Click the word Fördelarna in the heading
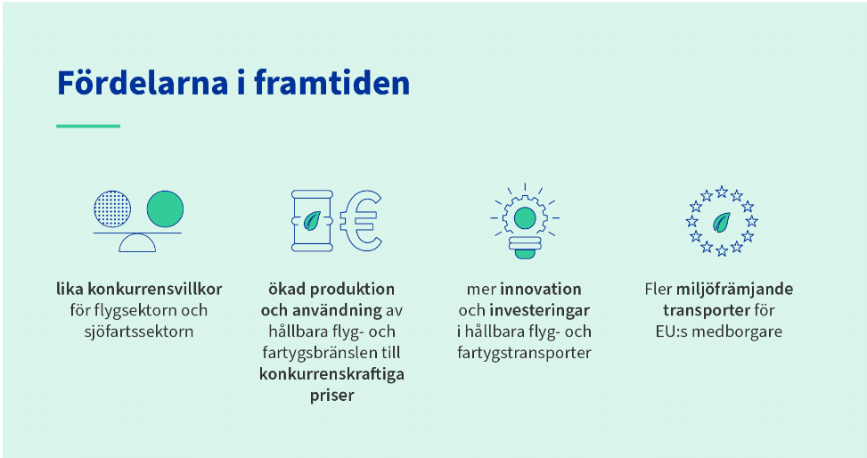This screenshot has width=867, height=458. (143, 82)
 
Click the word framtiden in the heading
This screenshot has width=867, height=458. (331, 82)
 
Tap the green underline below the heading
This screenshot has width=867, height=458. (88, 127)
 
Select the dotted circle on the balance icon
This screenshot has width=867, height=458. (113, 209)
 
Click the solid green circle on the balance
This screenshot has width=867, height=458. (165, 209)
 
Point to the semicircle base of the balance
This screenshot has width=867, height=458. (137, 242)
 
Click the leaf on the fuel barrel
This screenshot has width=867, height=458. (313, 221)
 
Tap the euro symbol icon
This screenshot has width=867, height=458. (361, 221)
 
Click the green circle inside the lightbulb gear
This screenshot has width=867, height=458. (525, 218)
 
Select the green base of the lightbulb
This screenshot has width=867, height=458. (525, 254)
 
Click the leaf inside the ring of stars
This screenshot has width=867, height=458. (721, 223)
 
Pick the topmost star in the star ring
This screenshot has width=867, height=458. (722, 192)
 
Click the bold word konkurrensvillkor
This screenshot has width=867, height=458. (155, 289)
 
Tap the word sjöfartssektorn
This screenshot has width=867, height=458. (139, 331)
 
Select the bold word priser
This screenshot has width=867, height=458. (331, 396)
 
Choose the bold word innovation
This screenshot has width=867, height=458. (541, 289)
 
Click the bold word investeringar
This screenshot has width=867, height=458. (540, 310)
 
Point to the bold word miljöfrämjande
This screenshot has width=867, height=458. (735, 289)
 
